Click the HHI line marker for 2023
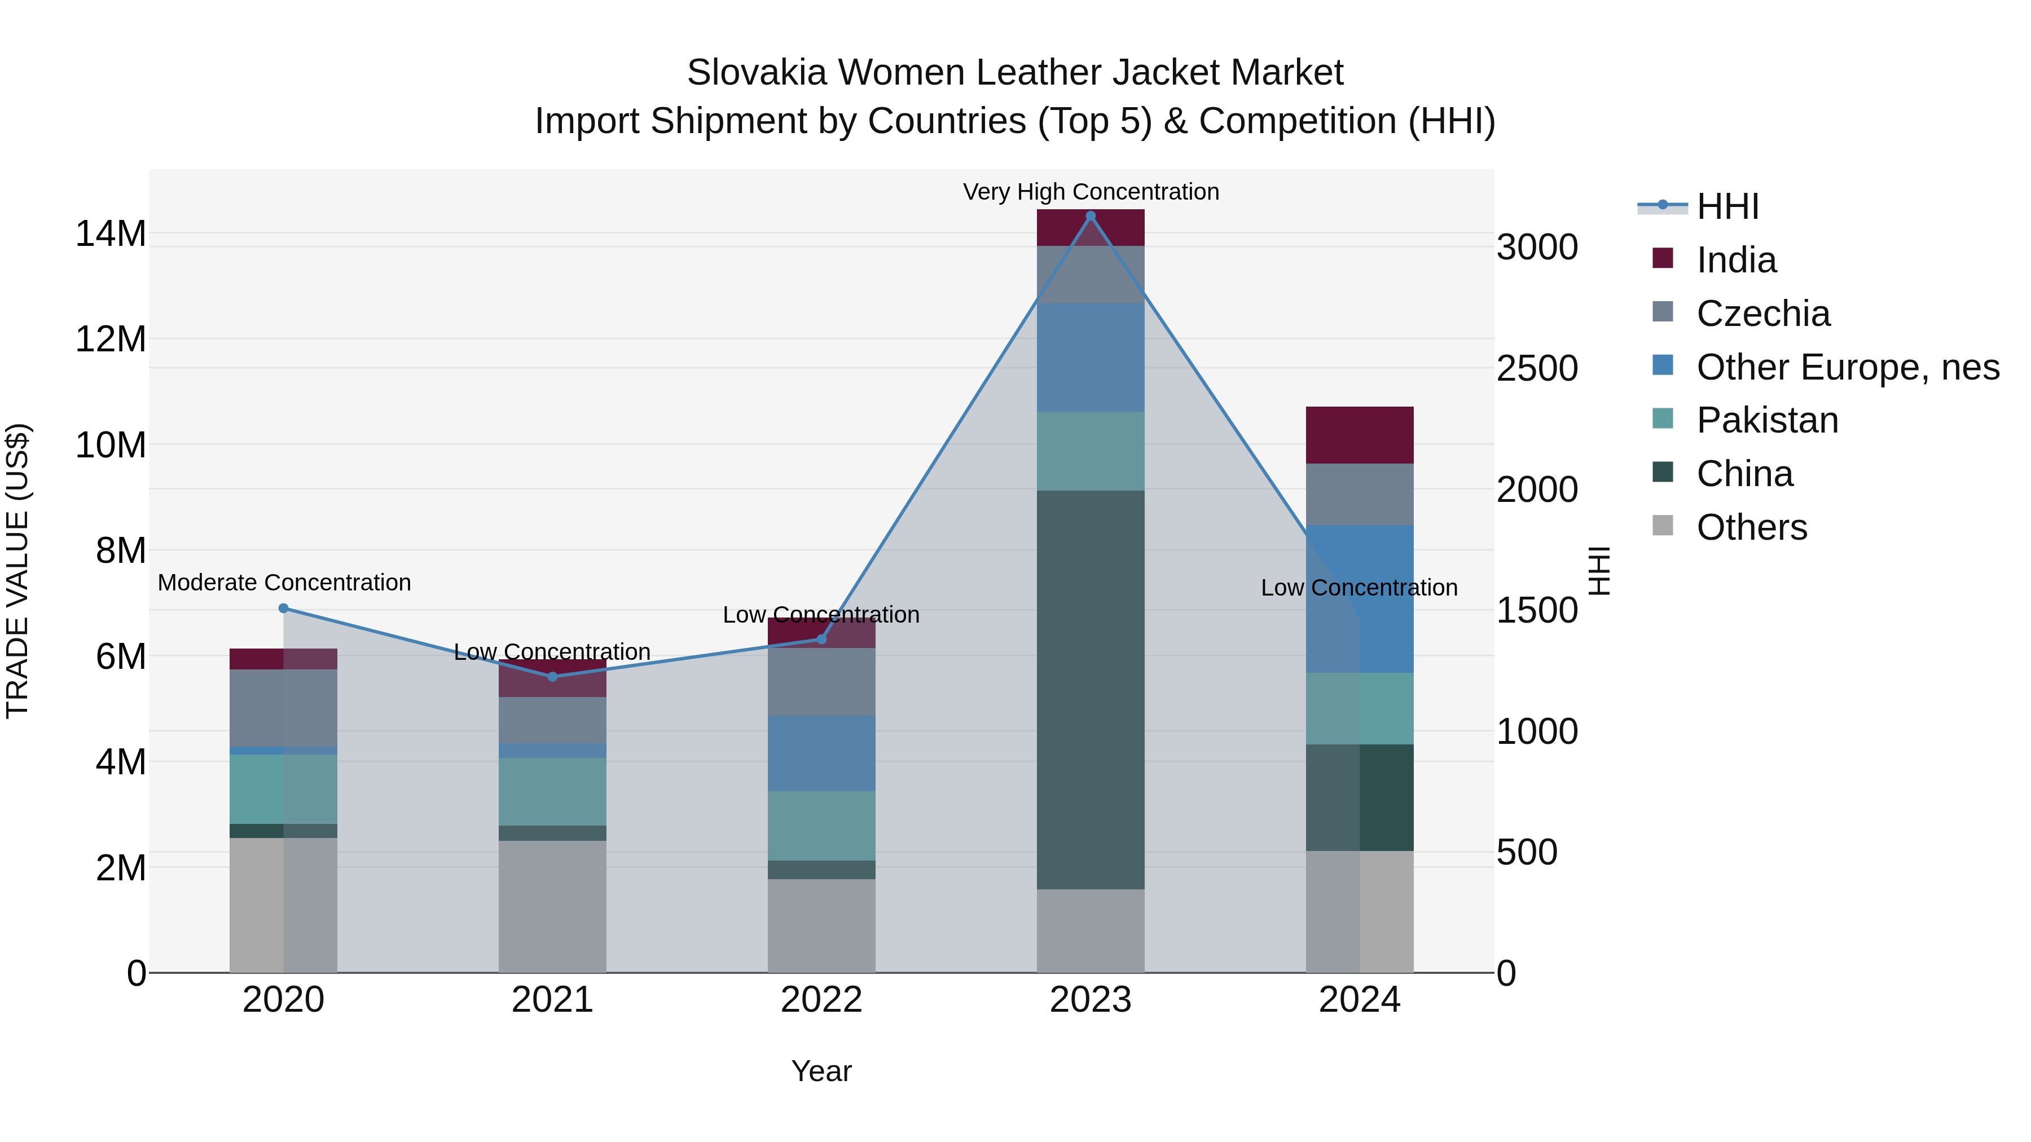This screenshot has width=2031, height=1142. click(x=1091, y=216)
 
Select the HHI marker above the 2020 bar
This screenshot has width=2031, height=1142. click(x=284, y=609)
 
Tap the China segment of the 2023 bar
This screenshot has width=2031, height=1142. click(x=1091, y=690)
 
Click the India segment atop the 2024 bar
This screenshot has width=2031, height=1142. click(x=1359, y=435)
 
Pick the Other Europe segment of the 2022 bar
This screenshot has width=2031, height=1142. click(x=821, y=753)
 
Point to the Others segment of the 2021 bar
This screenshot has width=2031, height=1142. click(x=552, y=906)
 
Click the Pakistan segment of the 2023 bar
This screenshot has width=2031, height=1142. click(x=1091, y=451)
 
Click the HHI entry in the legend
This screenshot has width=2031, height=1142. click(x=1727, y=206)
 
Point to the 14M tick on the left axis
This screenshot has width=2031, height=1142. click(x=111, y=234)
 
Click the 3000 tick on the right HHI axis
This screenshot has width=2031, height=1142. click(x=1537, y=248)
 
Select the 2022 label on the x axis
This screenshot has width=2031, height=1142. click(x=821, y=1000)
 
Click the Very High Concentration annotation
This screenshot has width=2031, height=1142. click(x=1091, y=192)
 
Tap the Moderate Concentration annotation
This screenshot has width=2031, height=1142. click(x=284, y=583)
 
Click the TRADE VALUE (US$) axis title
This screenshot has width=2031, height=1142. click(x=17, y=571)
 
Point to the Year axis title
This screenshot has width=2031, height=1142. click(x=821, y=1071)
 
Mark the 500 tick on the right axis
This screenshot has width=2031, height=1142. click(x=1527, y=853)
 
